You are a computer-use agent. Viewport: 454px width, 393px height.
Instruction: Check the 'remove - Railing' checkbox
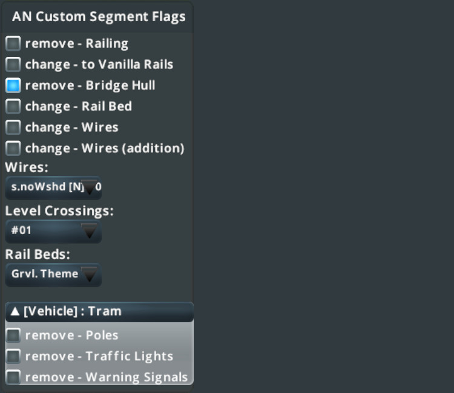coord(13,44)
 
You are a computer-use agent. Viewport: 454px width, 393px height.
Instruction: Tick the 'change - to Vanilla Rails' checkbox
coord(13,65)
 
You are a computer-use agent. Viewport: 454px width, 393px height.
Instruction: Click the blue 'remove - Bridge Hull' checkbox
coord(13,85)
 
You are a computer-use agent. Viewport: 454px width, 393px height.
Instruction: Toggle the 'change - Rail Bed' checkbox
coord(13,106)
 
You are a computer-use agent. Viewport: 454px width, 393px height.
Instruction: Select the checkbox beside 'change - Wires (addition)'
coord(13,148)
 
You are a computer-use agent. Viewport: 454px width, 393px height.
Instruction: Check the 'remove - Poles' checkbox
coord(13,336)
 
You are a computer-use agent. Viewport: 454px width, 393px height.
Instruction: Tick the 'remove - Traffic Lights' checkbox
coord(13,356)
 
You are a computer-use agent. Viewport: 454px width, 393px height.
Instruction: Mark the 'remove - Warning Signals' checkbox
coord(13,377)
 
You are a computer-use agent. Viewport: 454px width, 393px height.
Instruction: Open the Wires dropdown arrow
coord(90,187)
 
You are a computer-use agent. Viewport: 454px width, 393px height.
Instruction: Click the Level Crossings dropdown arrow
coord(90,231)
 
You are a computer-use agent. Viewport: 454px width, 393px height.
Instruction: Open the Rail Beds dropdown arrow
coord(90,274)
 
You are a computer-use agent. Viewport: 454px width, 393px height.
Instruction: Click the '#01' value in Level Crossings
coord(21,230)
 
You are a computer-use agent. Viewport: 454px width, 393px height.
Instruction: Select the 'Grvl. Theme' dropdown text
coord(45,273)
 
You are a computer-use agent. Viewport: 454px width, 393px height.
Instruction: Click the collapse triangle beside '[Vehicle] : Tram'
coord(15,311)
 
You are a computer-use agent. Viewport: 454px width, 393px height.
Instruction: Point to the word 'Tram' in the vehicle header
coord(105,311)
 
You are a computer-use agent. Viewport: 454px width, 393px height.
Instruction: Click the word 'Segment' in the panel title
coord(119,17)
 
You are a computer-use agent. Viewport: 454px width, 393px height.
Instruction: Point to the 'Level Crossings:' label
coord(59,211)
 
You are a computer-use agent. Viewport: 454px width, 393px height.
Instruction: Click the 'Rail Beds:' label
coord(38,255)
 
